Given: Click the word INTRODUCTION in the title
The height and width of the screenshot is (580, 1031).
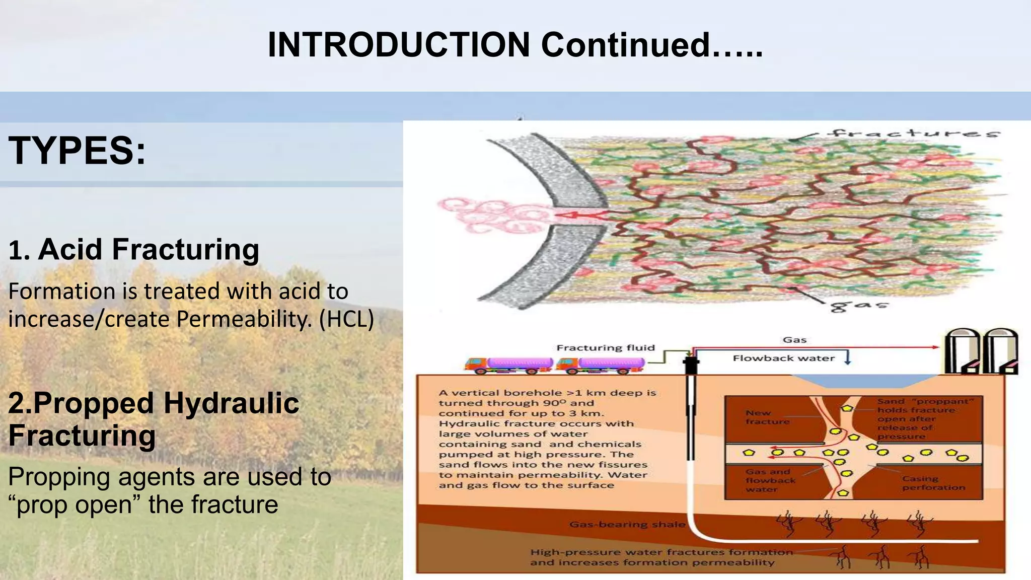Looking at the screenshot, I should coord(398,45).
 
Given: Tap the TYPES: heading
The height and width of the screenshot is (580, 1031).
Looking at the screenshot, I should coord(77,151).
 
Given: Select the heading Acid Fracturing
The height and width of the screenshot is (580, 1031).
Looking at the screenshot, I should coord(149,249).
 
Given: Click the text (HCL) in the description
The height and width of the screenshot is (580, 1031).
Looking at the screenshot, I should coord(346,319).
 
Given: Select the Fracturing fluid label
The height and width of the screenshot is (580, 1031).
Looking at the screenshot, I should coord(606,347).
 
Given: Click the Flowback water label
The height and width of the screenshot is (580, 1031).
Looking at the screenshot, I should coord(783,358).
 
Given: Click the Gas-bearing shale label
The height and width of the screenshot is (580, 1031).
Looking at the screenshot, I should coord(627,524).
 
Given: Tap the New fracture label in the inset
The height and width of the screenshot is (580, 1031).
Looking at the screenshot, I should coord(767,417).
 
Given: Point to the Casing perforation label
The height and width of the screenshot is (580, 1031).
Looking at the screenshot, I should coord(933,483).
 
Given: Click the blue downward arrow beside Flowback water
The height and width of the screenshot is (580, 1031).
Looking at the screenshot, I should coord(847,358).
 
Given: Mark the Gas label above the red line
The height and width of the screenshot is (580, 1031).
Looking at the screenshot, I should coord(794,340).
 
